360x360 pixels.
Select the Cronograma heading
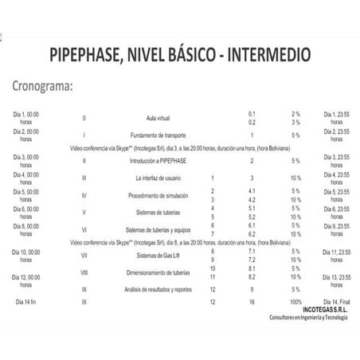(46, 86)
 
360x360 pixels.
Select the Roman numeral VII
(84, 255)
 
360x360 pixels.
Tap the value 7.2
(252, 259)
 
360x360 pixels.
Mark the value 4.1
(252, 191)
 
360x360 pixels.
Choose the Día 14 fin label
(30, 303)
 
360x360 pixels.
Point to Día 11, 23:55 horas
(338, 255)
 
